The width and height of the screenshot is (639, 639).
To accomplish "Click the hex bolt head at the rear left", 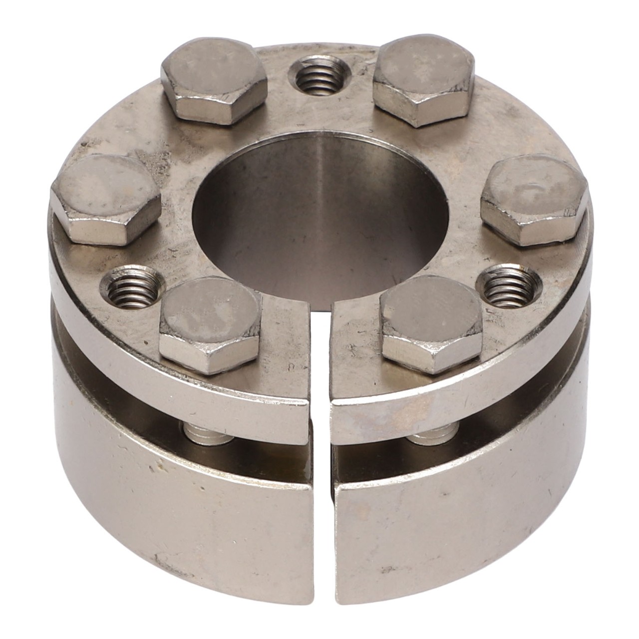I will (x=214, y=85).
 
